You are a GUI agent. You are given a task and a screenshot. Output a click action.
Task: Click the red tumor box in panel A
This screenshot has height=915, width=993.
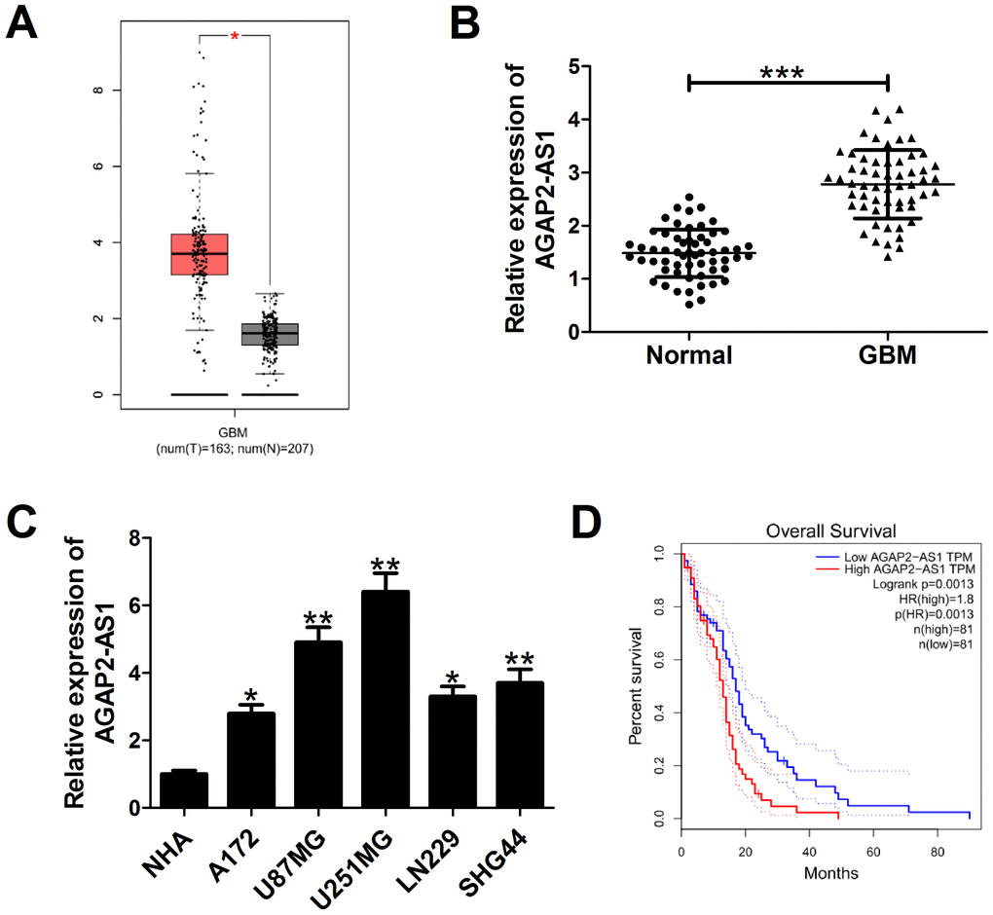coord(199,255)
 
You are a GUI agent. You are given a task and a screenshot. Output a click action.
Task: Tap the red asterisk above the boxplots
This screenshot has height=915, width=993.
coord(235,36)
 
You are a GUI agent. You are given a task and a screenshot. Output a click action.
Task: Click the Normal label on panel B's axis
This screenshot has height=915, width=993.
coord(688,355)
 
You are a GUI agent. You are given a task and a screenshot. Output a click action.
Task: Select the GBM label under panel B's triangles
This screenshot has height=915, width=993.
coord(888,355)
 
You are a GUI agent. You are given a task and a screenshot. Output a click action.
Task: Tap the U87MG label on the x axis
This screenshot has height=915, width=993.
coord(302,854)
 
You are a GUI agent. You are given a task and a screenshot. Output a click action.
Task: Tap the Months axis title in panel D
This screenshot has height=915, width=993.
coord(830,873)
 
